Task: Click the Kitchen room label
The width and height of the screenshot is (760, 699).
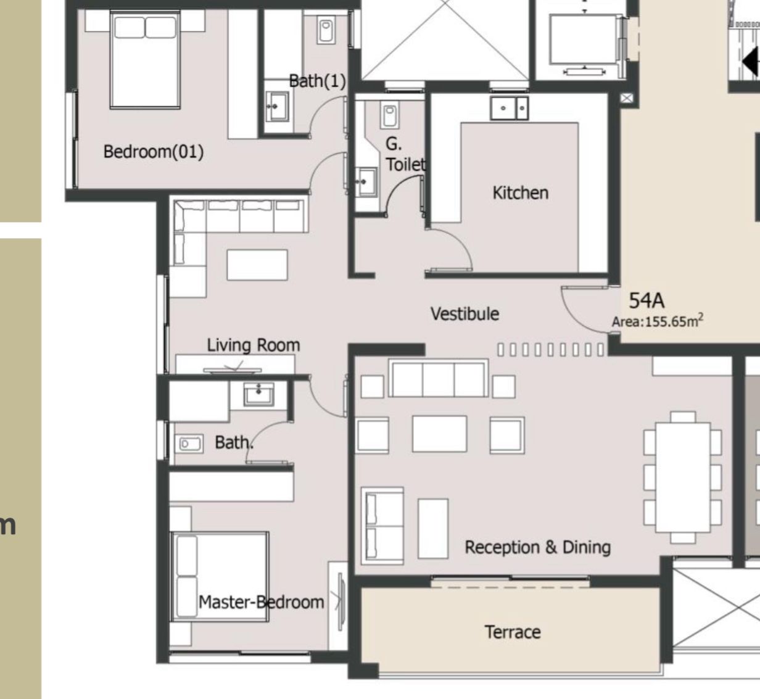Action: [520, 193]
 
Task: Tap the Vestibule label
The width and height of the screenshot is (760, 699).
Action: [465, 314]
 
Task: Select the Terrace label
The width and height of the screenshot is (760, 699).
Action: [513, 632]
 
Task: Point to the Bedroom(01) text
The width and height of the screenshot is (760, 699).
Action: [154, 152]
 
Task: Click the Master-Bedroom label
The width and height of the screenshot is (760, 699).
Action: [262, 602]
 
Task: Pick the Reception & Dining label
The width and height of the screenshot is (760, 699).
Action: [537, 547]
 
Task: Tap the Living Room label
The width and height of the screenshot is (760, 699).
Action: [253, 345]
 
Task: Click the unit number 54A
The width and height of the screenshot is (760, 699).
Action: [646, 300]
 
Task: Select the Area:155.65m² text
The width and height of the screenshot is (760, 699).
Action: [658, 321]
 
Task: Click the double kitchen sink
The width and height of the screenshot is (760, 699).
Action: [509, 108]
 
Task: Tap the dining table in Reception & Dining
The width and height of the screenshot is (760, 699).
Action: [683, 478]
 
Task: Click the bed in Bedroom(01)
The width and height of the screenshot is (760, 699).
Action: [145, 59]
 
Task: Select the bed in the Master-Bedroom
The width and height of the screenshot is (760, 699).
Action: [220, 576]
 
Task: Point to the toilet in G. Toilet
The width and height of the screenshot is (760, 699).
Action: [390, 115]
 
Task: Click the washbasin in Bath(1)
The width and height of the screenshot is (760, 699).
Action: [277, 106]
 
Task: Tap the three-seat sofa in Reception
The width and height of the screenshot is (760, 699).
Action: [439, 378]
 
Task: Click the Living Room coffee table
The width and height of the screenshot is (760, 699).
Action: [257, 265]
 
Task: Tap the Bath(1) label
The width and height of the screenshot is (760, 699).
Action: [318, 81]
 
